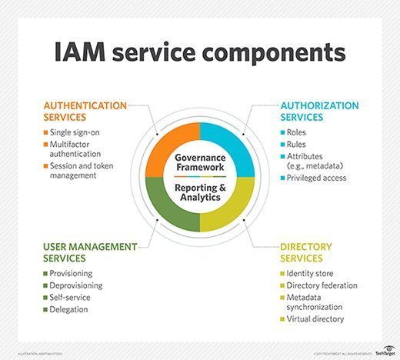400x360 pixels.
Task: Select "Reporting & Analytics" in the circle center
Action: tap(199, 192)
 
